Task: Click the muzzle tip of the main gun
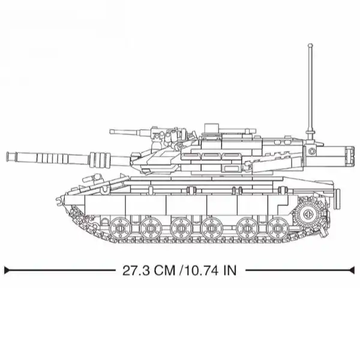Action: point(8,157)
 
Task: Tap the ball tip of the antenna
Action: point(310,46)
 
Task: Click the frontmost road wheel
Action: point(121,229)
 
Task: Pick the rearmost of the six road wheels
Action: point(278,229)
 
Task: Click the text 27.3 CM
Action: point(149,271)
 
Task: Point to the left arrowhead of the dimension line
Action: point(7,270)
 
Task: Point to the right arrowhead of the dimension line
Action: point(352,270)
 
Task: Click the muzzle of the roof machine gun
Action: point(111,132)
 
